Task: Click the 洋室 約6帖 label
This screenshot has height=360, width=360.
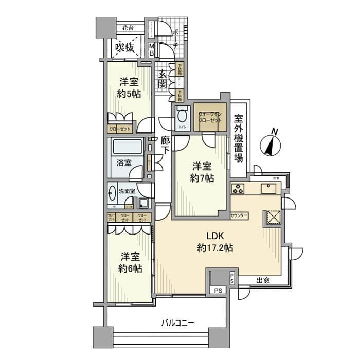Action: (130, 262)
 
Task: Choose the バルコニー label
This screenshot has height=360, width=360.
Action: (177, 323)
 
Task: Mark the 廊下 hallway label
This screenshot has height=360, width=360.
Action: (165, 145)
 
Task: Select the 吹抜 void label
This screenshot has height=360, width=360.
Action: (124, 47)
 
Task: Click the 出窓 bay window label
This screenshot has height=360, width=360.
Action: (263, 280)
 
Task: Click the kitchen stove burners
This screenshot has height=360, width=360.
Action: (239, 189)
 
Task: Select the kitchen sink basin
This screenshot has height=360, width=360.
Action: (269, 189)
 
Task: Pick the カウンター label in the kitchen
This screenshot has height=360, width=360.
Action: (240, 215)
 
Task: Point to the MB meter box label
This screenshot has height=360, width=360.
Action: (152, 50)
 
